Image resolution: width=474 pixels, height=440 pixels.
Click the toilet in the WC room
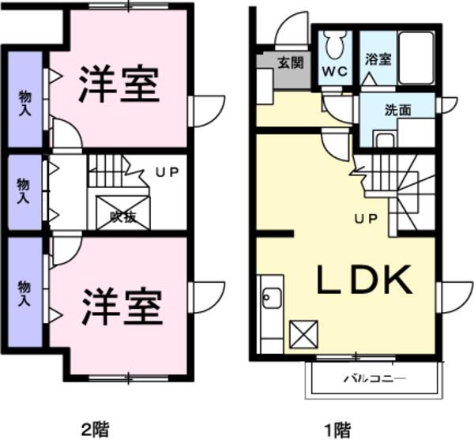pos(335,45)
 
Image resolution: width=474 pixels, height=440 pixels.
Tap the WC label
pos(335,72)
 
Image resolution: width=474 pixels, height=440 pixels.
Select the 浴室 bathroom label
pos(378,59)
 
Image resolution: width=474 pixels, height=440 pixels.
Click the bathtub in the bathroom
pos(416,58)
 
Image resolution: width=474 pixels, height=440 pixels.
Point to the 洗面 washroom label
pos(398,110)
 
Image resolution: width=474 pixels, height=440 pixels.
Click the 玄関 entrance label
pos(290,63)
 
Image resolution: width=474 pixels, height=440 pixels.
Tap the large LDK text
pos(364,280)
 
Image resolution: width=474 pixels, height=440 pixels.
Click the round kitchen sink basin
pos(272,298)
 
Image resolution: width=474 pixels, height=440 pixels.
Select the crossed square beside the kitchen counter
pos(303,334)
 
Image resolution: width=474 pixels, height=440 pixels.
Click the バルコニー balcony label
pos(374,378)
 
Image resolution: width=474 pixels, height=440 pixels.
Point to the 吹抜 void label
pos(123,216)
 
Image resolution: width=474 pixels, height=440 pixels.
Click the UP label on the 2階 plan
pos(167,172)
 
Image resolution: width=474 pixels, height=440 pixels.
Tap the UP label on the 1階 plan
pos(366,219)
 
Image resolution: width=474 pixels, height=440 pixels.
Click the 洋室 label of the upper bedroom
pos(118,84)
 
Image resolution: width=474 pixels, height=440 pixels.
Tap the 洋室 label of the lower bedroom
pos(122,306)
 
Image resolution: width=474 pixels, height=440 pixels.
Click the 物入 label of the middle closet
pos(23,191)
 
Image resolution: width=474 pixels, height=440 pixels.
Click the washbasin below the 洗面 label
pos(385,140)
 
